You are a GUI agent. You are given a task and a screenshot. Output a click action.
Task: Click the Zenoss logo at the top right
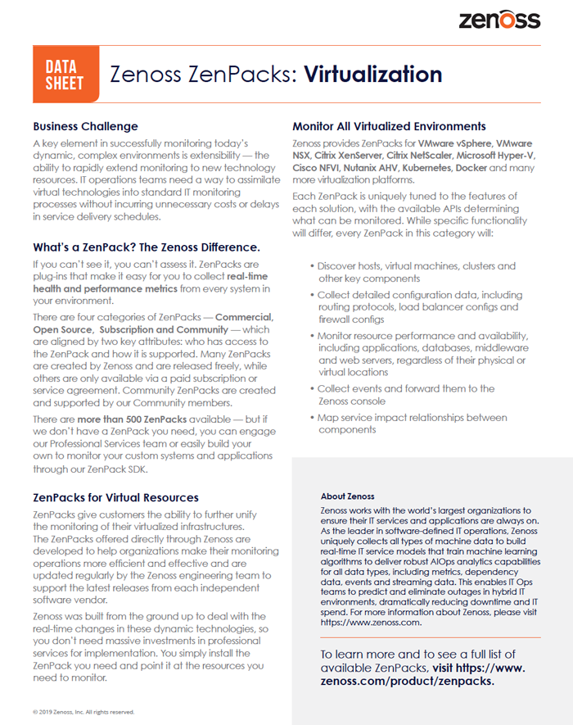pyautogui.click(x=499, y=19)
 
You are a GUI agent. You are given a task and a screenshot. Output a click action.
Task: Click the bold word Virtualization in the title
pyautogui.click(x=373, y=75)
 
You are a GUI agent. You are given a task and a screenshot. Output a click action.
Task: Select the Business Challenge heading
pyautogui.click(x=85, y=126)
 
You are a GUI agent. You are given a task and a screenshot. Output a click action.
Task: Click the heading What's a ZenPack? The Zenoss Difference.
pyautogui.click(x=147, y=247)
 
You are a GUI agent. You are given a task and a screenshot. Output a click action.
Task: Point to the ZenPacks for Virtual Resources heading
pyautogui.click(x=115, y=497)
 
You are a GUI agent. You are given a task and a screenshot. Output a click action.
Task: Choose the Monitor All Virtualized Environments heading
pyautogui.click(x=389, y=126)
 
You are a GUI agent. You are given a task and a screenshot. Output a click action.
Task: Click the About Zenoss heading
pyautogui.click(x=348, y=496)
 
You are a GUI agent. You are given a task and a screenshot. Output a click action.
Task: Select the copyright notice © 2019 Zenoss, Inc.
pyautogui.click(x=83, y=712)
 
